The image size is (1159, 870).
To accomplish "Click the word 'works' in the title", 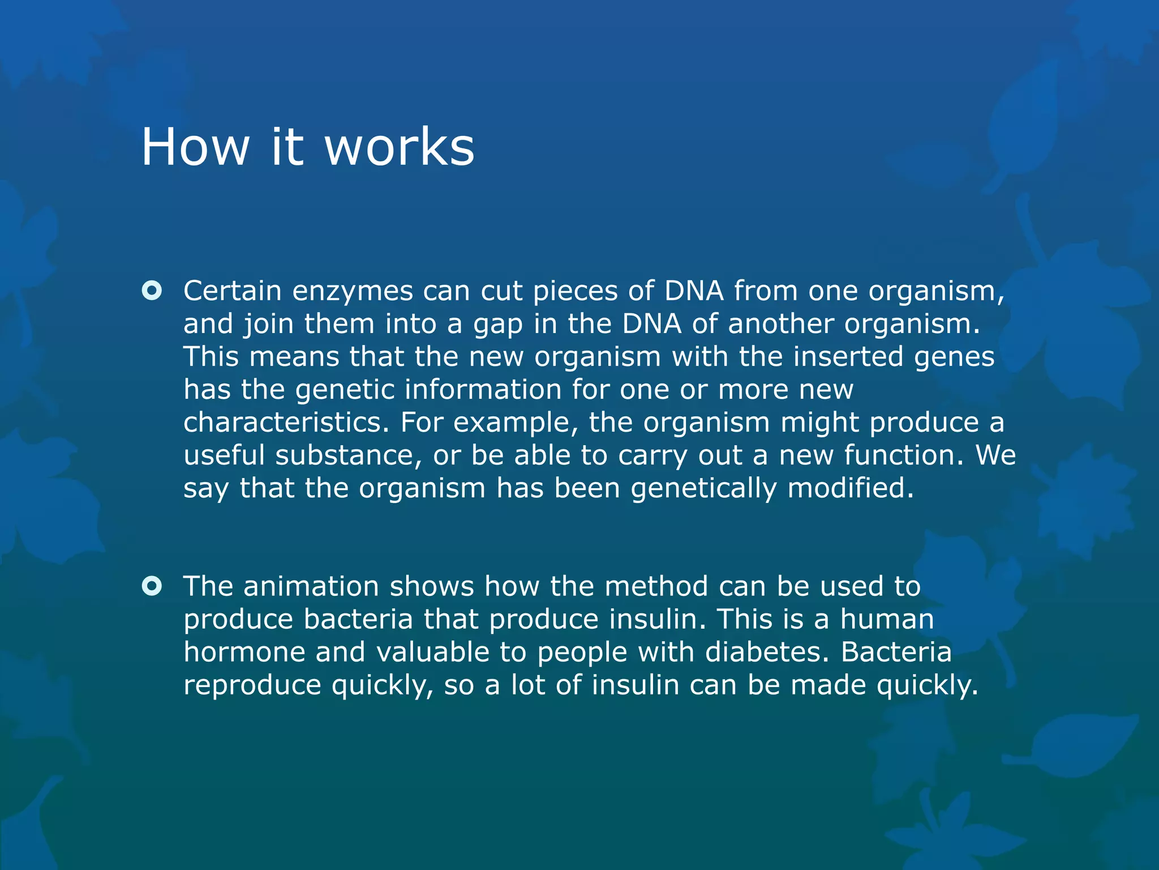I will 399,147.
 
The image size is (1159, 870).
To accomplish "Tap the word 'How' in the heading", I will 195,147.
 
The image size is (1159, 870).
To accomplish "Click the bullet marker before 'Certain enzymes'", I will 152,291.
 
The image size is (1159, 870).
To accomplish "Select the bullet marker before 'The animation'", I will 152,586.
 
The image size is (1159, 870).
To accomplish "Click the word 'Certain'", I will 232,291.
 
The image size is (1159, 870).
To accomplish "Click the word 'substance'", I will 348,455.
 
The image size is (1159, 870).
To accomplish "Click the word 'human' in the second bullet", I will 887,619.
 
